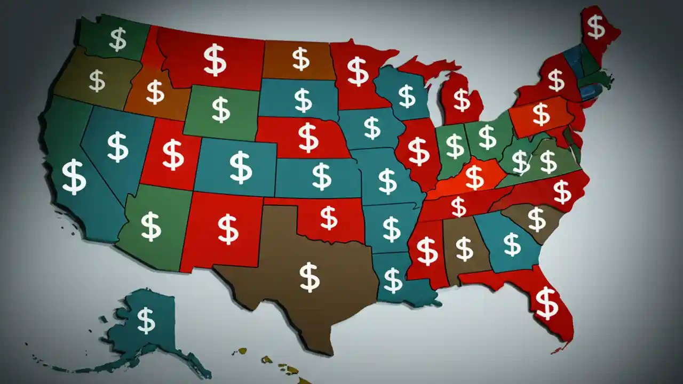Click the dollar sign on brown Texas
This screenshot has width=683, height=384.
click(x=309, y=277)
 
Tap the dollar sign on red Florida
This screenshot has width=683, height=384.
click(x=546, y=302)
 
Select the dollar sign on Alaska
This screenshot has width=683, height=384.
click(x=146, y=320)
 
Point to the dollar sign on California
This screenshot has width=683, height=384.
click(x=74, y=177)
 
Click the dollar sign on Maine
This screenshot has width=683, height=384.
click(x=595, y=26)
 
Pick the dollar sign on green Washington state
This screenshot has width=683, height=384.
click(x=117, y=39)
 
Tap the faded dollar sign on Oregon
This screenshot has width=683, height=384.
click(x=97, y=81)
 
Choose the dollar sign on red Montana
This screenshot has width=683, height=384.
click(x=215, y=60)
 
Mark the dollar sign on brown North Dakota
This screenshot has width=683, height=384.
click(x=300, y=59)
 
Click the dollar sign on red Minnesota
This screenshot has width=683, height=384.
click(x=358, y=71)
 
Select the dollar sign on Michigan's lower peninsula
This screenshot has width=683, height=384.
click(x=462, y=100)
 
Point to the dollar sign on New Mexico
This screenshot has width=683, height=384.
click(x=228, y=229)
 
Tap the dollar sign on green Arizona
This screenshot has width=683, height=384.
click(x=150, y=226)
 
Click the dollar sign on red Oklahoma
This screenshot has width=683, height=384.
click(x=329, y=218)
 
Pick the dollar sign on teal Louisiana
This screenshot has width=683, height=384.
click(x=393, y=280)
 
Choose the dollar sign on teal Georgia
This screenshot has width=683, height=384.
click(x=512, y=244)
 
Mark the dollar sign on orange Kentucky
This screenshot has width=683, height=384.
click(x=474, y=177)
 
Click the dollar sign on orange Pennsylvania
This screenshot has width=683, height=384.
click(x=541, y=114)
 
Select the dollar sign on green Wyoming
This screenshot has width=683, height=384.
click(x=220, y=109)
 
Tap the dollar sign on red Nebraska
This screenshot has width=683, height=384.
click(x=308, y=137)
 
